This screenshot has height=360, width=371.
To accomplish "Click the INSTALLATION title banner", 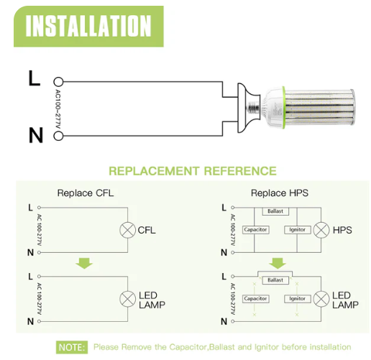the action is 88,27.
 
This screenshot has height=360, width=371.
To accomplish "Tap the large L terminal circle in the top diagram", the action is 58,82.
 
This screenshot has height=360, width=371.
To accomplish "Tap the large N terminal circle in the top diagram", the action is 58,136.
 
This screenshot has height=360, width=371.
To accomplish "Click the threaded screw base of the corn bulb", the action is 253,108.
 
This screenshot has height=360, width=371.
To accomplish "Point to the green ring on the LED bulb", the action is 284,108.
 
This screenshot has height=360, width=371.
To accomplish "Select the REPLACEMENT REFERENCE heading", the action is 193,171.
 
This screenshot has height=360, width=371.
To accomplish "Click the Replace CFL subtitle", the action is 86,193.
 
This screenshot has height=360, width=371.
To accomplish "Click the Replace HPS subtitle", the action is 280,193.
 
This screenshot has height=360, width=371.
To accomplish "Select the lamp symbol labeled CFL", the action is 127,230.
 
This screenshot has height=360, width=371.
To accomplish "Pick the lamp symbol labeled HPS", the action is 321,230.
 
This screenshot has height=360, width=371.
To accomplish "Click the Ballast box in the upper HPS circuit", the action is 275,211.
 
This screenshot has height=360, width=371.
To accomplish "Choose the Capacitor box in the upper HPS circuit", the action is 255,230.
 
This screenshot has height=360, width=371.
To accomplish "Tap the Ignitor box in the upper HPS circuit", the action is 297,230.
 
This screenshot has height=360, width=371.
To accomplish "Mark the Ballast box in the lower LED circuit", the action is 275,280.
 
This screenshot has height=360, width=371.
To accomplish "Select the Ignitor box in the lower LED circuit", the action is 297,299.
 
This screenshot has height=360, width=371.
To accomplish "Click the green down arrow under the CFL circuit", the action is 84,263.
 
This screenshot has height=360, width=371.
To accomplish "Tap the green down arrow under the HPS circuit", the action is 278,263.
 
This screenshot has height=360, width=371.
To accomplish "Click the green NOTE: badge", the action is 72,347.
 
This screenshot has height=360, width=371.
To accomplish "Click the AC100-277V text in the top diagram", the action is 58,109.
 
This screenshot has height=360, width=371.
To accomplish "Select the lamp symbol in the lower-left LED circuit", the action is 127,299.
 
